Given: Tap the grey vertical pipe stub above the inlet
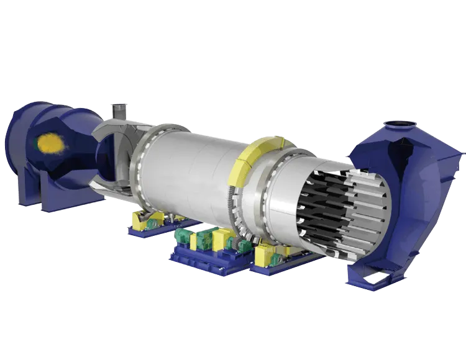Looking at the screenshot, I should (x=116, y=110).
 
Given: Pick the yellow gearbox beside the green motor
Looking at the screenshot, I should (x=221, y=240).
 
